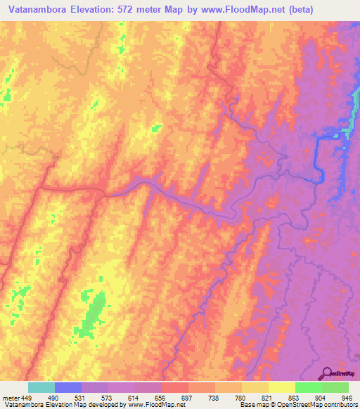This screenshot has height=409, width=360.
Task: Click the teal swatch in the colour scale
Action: click(x=41, y=387)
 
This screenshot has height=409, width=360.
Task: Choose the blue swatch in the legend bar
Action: click(x=67, y=387)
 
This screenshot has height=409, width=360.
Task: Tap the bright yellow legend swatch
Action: click(x=281, y=387)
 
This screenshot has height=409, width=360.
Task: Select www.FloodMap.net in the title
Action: click(x=230, y=9)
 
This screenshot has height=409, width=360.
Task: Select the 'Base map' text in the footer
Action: click(x=254, y=405)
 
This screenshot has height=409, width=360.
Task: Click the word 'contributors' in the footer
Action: click(x=338, y=405)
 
